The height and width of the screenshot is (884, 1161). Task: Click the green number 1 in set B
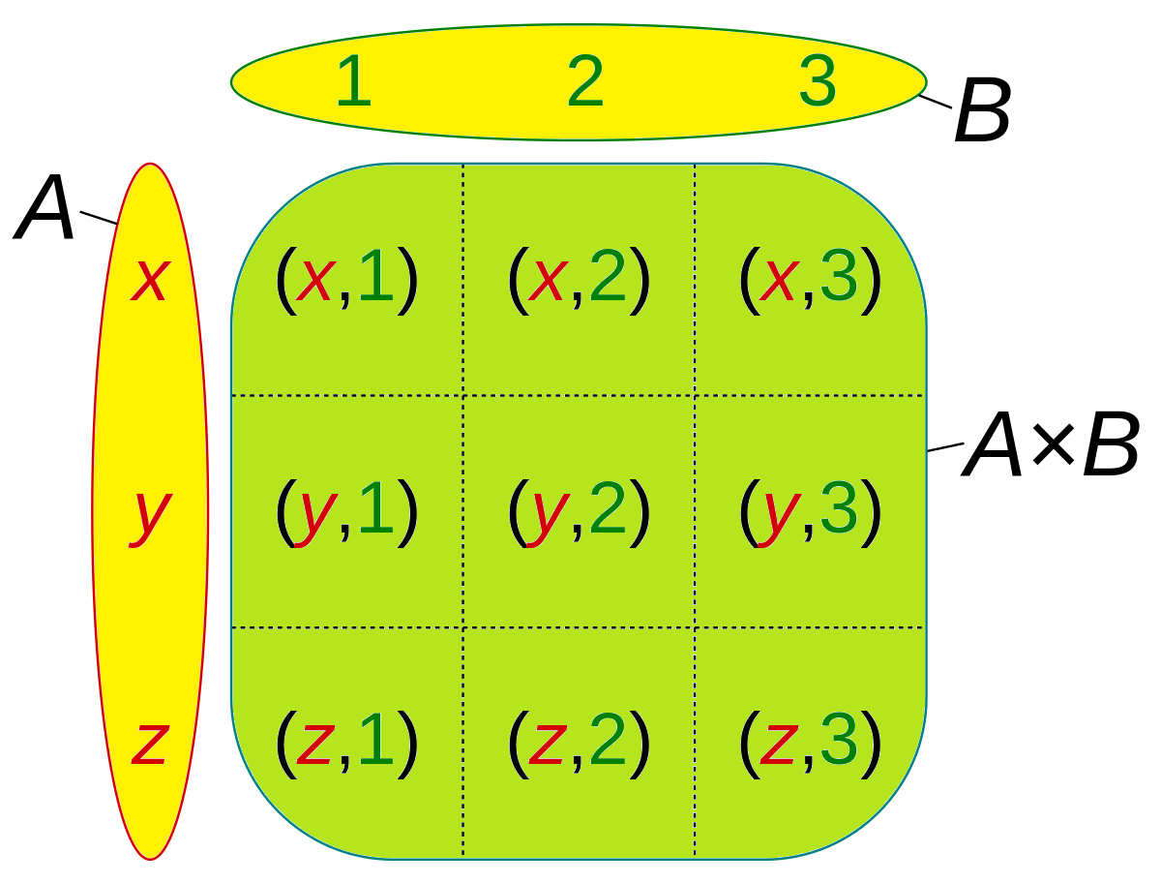(x=353, y=82)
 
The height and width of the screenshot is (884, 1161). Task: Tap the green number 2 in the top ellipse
(x=585, y=82)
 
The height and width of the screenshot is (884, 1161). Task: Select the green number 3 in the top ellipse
(x=818, y=82)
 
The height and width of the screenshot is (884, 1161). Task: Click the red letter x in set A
(x=150, y=280)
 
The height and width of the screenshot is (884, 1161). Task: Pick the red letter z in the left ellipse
(x=150, y=744)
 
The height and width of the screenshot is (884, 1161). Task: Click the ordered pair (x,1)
(x=346, y=280)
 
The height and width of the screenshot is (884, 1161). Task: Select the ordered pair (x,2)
(x=579, y=280)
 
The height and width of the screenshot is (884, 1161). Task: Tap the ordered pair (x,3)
(x=811, y=280)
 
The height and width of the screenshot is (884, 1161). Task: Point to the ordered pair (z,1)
(x=346, y=744)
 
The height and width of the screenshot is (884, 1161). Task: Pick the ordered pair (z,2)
(x=579, y=744)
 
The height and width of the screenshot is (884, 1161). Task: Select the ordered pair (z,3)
(x=811, y=744)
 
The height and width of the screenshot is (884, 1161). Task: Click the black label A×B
(x=1052, y=447)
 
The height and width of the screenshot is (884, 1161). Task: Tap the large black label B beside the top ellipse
(x=982, y=112)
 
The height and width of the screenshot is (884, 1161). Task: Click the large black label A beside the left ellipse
(x=45, y=210)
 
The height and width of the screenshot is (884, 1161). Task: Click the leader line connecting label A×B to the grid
(x=945, y=446)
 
